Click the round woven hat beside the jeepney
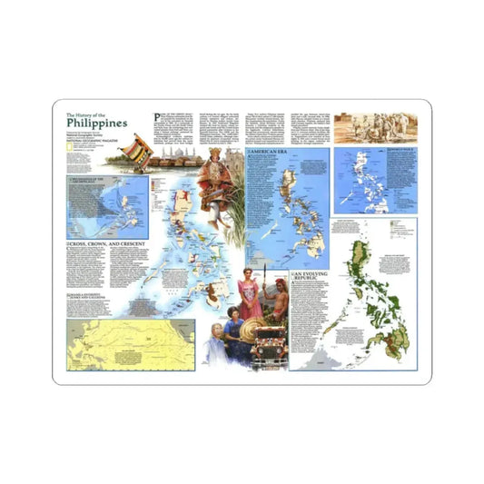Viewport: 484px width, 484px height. click(x=249, y=328)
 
